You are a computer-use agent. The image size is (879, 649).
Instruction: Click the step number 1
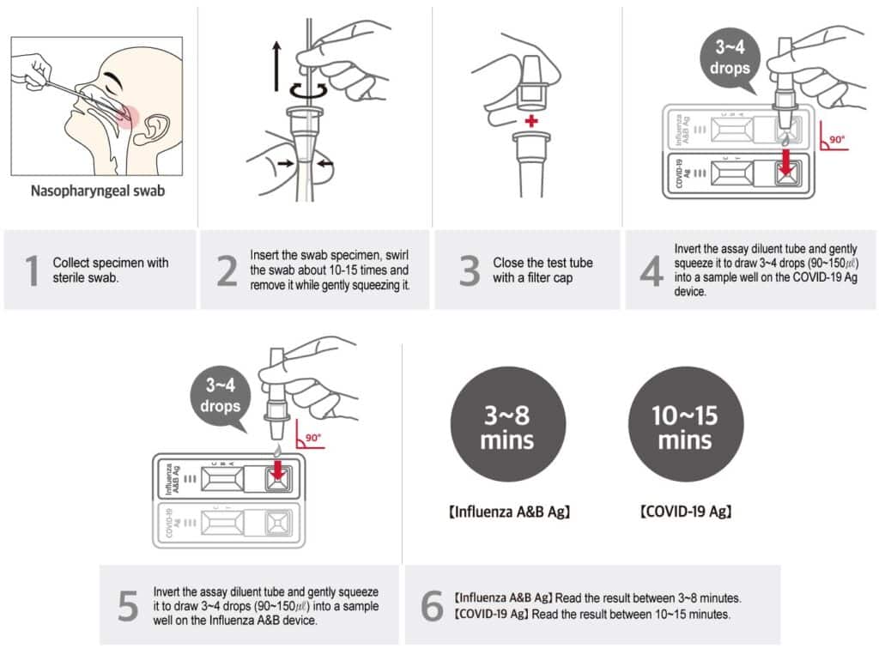32,270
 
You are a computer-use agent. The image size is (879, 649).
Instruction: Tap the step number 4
652,270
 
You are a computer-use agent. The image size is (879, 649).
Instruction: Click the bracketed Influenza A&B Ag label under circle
509,513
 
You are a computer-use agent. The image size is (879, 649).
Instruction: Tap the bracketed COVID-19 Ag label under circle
685,513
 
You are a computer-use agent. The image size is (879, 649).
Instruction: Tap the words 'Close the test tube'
543,263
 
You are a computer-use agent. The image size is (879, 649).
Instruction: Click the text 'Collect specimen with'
110,263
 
